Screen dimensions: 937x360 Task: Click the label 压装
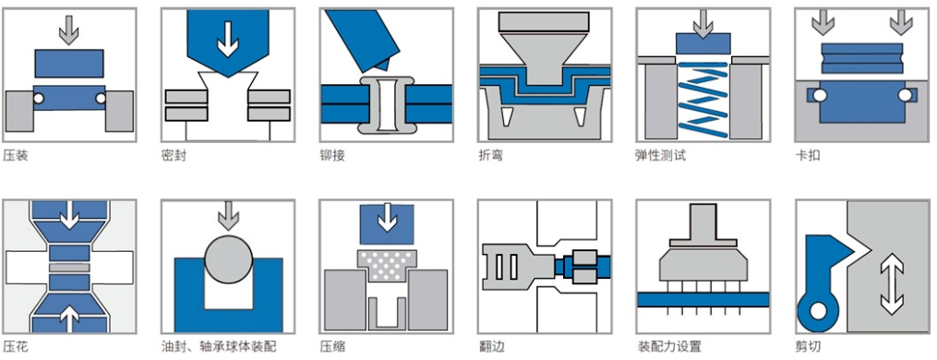pos(16,156)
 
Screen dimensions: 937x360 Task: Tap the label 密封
pos(174,156)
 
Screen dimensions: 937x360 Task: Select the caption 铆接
pos(332,156)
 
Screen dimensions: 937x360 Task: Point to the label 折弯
pos(490,156)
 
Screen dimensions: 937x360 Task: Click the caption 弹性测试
pos(660,156)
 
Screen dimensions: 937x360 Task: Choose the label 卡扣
pos(808,156)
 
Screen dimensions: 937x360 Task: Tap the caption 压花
pos(16,347)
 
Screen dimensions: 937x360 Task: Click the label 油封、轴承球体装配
pos(219,347)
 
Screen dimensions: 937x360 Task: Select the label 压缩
pos(332,347)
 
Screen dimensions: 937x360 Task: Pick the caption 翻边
pos(490,347)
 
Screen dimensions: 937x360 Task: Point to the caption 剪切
pos(808,347)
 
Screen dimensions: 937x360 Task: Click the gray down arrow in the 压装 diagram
pos(69,30)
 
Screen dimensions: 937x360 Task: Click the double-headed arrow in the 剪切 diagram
pos(891,283)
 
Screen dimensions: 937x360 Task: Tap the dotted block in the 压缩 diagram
pos(387,266)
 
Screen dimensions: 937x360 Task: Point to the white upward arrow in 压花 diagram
pos(69,318)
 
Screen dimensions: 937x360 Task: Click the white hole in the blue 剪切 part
pos(819,311)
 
